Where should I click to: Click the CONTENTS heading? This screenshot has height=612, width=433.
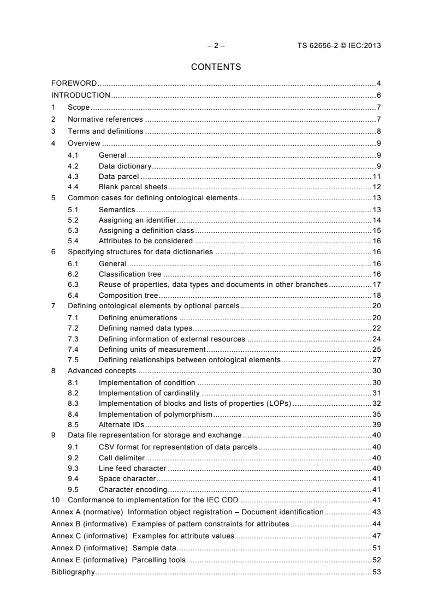click(x=216, y=68)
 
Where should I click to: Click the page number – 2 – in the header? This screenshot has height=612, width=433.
click(x=216, y=46)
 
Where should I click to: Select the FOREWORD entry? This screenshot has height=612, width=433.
click(x=74, y=83)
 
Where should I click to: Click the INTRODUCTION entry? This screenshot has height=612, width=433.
click(x=80, y=95)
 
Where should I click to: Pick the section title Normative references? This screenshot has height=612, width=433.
click(x=105, y=119)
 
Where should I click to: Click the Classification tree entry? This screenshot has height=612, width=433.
click(x=130, y=274)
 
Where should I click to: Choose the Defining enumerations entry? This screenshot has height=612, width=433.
click(x=138, y=317)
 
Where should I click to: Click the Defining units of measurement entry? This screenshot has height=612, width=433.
click(x=152, y=349)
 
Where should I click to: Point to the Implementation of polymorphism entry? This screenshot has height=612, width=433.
click(x=155, y=415)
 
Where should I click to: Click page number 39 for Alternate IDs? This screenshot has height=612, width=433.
click(x=376, y=425)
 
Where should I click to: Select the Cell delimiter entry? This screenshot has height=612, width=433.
click(x=122, y=458)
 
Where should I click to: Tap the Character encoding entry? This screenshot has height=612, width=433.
click(x=133, y=489)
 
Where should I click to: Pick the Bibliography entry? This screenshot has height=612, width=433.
click(x=73, y=572)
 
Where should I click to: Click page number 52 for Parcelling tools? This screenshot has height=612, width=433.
click(x=376, y=560)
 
